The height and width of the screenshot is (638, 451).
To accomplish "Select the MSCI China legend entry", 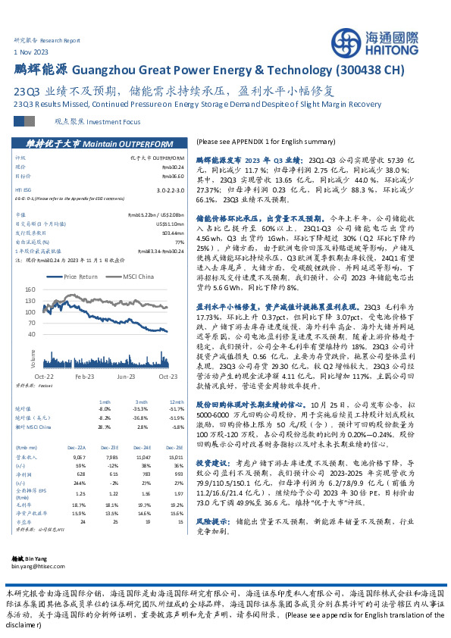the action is (x=133, y=277).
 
